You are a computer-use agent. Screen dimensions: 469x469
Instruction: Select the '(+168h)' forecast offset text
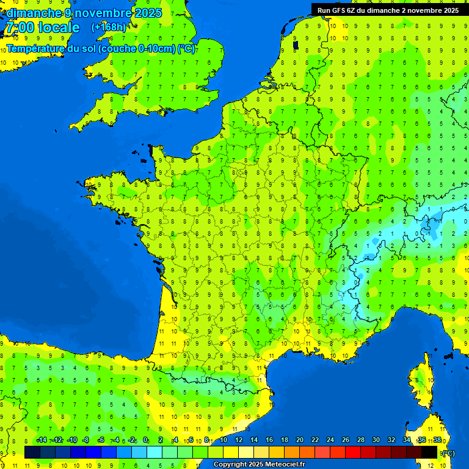[109, 27]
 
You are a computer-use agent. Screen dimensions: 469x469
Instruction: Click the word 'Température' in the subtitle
[37, 49]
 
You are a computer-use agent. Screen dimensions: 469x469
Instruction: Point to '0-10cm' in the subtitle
[155, 49]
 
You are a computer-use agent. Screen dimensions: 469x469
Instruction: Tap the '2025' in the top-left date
[148, 12]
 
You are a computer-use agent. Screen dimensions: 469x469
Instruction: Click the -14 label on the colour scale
[42, 440]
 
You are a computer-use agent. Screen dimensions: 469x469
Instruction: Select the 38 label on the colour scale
[437, 440]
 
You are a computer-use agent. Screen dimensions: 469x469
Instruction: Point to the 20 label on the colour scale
[300, 440]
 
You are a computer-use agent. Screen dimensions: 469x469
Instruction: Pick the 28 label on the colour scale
[361, 440]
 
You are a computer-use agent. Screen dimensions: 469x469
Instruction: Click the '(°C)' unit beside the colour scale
[448, 453]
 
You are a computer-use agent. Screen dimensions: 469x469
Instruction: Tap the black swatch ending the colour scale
[429, 452]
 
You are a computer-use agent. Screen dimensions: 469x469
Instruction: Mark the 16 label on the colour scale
[269, 440]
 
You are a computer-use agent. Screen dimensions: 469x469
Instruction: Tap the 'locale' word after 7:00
[59, 28]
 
